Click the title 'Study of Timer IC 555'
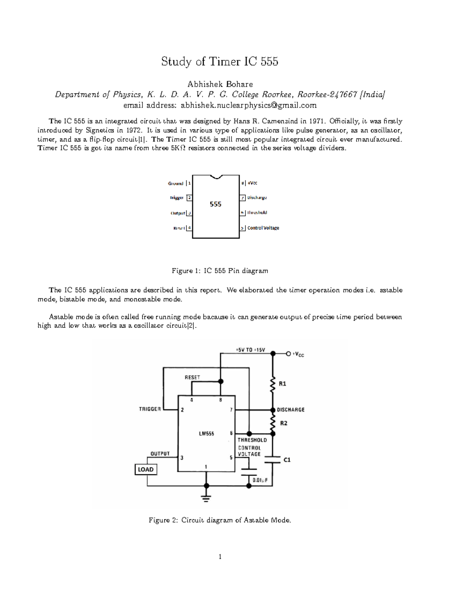click(x=220, y=62)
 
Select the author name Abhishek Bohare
click(x=220, y=84)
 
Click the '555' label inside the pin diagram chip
click(x=215, y=204)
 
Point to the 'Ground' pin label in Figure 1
click(x=176, y=183)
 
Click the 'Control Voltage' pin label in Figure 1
click(x=263, y=228)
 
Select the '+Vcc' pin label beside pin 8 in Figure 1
click(x=252, y=183)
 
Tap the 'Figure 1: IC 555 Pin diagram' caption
click(x=220, y=271)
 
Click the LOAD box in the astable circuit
click(x=146, y=470)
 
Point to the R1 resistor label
click(x=282, y=384)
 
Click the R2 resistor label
click(x=283, y=423)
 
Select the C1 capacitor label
click(x=287, y=460)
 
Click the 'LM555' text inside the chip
click(x=206, y=433)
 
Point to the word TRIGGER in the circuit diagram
click(x=150, y=409)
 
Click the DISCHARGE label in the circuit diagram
click(x=291, y=410)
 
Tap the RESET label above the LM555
click(x=192, y=377)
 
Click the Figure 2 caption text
click(x=220, y=520)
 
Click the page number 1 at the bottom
click(x=220, y=557)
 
